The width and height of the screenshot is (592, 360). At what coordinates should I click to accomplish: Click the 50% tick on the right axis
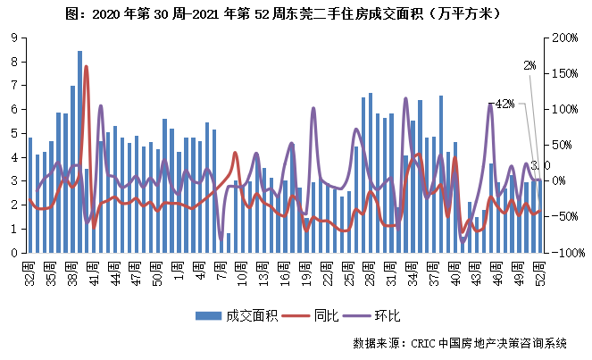[563, 145]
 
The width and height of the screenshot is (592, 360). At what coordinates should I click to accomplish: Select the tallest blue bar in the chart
[79, 152]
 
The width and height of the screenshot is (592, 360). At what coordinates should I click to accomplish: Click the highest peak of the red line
[87, 67]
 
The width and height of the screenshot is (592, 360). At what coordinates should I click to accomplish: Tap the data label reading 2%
[529, 65]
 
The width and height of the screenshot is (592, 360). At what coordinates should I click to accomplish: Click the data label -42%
[504, 104]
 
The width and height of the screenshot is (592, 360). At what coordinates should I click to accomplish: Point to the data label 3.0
[539, 166]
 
